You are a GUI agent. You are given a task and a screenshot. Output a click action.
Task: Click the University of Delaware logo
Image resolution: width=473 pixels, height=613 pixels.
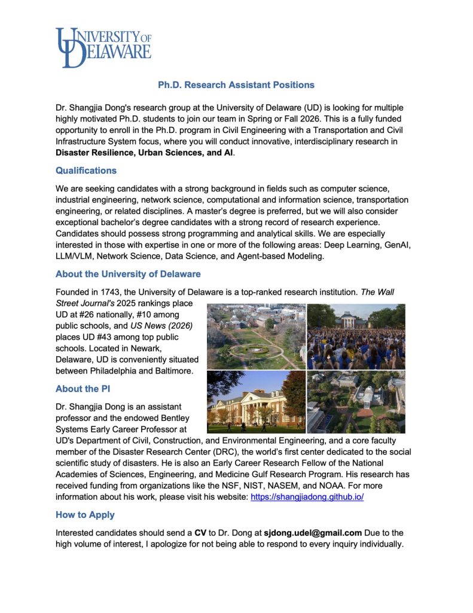pyautogui.click(x=103, y=47)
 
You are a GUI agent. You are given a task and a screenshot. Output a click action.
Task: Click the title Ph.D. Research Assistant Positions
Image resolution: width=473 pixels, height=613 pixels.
pyautogui.click(x=236, y=85)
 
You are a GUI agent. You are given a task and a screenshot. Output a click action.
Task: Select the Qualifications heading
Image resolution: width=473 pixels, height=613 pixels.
pyautogui.click(x=86, y=171)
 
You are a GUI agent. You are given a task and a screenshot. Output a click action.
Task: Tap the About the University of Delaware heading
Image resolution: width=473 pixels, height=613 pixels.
pyautogui.click(x=128, y=274)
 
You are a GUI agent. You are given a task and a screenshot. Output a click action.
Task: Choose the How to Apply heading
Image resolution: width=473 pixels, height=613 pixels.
pyautogui.click(x=85, y=514)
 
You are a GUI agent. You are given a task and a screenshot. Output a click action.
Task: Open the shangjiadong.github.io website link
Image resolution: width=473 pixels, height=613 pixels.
pyautogui.click(x=307, y=497)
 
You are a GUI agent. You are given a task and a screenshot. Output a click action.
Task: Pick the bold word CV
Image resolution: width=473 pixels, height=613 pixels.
pyautogui.click(x=200, y=532)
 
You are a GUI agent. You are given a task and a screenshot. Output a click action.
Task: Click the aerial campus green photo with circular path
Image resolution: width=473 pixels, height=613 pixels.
pyautogui.click(x=257, y=336)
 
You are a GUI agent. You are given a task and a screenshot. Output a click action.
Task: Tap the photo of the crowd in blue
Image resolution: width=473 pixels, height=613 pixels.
pyautogui.click(x=356, y=336)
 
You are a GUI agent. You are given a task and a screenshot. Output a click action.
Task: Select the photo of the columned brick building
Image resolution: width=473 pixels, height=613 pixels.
pyautogui.click(x=257, y=402)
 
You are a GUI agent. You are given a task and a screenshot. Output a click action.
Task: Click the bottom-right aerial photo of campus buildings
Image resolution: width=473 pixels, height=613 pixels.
pyautogui.click(x=356, y=402)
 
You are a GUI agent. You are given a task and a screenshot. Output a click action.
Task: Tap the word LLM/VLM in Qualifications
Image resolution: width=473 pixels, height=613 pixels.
pyautogui.click(x=77, y=256)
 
